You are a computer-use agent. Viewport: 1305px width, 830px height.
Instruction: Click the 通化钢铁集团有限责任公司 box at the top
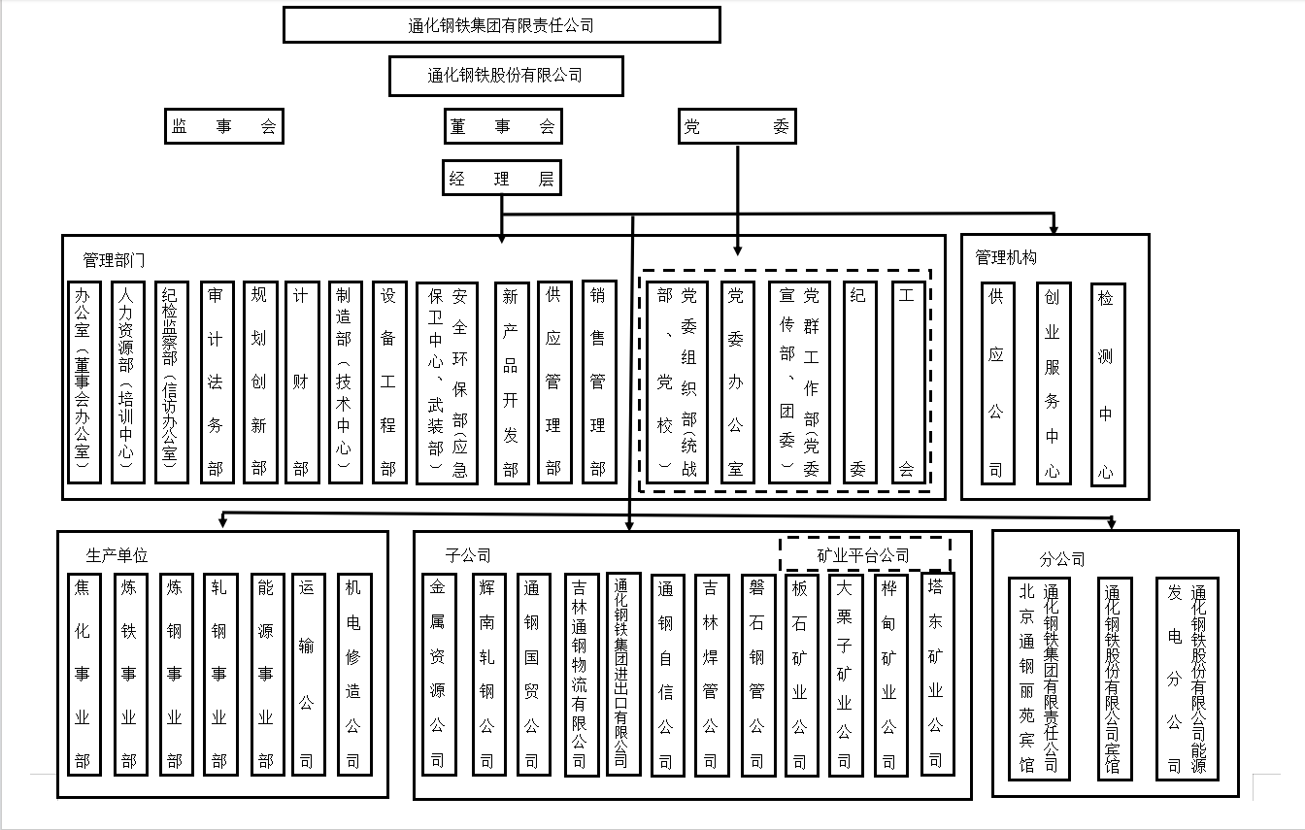pos(501,25)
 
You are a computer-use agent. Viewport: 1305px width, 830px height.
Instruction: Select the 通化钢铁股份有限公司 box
pos(505,75)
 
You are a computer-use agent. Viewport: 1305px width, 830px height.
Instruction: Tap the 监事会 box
pos(223,126)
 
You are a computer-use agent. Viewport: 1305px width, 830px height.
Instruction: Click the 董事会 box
pos(502,126)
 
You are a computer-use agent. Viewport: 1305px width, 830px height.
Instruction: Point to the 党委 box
pos(736,126)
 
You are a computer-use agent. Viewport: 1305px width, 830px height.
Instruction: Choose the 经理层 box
pos(501,179)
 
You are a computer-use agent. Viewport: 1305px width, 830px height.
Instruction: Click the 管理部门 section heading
pos(115,260)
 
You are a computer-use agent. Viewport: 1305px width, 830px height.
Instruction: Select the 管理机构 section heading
pos(1006,257)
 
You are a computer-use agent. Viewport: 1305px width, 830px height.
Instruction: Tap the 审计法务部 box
pos(216,382)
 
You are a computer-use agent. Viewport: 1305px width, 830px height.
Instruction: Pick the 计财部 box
pos(300,382)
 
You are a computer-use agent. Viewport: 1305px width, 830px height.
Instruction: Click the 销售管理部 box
pos(598,382)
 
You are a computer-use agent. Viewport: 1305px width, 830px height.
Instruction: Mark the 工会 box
pos(907,382)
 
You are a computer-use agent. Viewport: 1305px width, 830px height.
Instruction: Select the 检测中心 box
pos(1105,383)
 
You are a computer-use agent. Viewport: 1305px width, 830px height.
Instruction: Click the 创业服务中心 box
pos(1052,383)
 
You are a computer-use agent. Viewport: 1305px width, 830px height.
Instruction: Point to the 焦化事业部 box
pos(83,674)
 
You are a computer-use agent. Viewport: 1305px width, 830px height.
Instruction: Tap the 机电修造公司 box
pos(352,674)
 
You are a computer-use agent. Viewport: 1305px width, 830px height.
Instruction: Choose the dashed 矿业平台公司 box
pos(863,555)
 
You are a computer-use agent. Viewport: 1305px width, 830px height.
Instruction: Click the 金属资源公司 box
pos(438,674)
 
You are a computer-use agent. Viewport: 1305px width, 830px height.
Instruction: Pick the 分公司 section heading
pos(1061,559)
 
